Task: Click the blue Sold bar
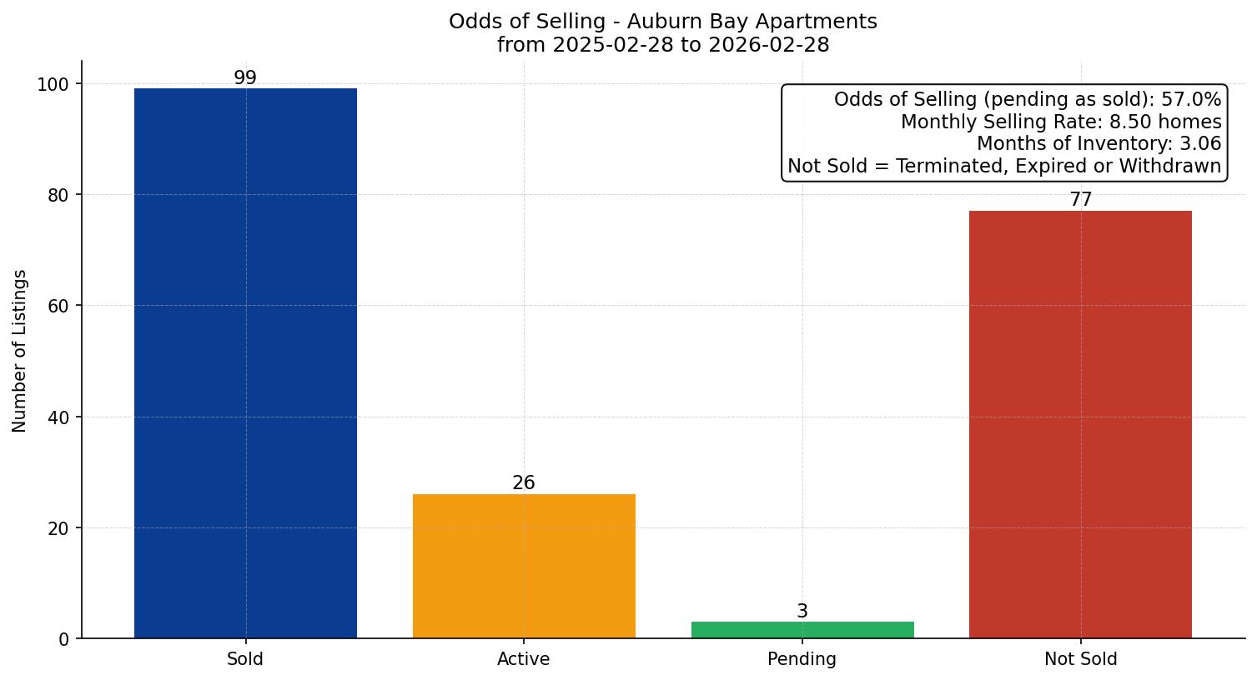245,363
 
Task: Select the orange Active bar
524,566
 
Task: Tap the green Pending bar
802,630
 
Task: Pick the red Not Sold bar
1080,424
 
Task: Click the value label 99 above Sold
245,78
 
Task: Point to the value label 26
524,483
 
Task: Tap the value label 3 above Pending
802,612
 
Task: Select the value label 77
1081,200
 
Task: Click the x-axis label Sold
245,660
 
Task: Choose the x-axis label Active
524,660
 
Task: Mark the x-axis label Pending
802,660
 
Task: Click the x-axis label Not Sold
1081,660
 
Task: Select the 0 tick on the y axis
64,639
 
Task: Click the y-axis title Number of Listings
20,351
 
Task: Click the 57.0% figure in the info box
1191,100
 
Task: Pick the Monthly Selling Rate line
1061,122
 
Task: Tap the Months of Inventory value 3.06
1200,144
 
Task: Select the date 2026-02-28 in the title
768,45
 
